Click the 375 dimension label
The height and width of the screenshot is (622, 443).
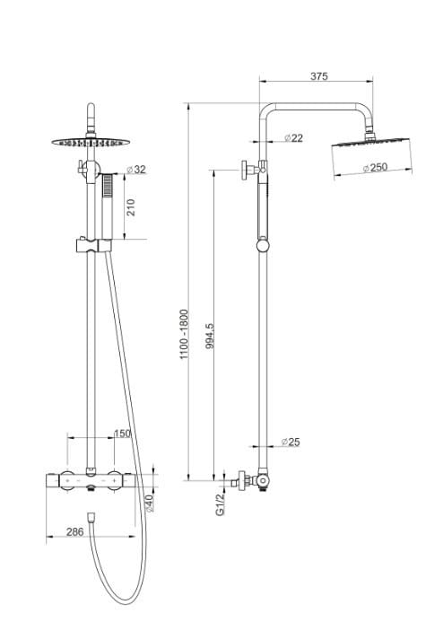(x=318, y=77)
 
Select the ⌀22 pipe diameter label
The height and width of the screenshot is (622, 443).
(x=292, y=137)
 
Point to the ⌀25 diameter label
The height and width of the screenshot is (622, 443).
(x=291, y=442)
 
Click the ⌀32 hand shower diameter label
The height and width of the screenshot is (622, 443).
(x=136, y=169)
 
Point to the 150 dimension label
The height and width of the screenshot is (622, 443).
(x=122, y=434)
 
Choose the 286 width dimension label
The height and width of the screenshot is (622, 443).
(x=75, y=532)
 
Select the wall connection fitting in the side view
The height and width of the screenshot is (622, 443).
(x=239, y=482)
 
